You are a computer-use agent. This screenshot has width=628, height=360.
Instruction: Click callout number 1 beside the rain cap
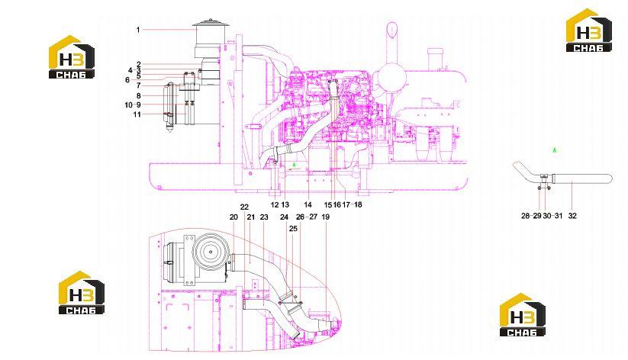coord(138,30)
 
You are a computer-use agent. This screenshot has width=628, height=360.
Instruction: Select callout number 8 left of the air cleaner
coord(139,95)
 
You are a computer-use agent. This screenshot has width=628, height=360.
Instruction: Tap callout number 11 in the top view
coord(137,114)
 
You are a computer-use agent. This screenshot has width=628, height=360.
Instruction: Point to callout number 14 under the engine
coord(308,204)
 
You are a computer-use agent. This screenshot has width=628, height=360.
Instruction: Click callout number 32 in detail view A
coord(573,215)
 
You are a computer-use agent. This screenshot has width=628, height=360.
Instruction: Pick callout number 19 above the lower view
coord(326,217)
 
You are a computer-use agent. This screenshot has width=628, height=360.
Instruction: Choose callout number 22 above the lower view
coord(244,207)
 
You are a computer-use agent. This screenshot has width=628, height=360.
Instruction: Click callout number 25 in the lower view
coord(294,228)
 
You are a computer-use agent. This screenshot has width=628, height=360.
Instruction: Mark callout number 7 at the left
coord(139,85)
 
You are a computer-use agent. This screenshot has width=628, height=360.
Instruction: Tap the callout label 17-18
coord(352,204)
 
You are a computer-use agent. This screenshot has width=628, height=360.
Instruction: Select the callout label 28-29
coord(531,215)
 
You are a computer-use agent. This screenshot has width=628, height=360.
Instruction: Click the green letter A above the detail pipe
coord(555,150)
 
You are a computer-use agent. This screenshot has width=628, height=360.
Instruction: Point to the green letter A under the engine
coord(294,165)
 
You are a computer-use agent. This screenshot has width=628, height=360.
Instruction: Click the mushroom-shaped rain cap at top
coord(211,23)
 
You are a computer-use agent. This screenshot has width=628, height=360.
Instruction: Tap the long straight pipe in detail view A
coord(581,178)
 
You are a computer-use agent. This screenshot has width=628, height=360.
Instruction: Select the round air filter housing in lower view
coord(210,252)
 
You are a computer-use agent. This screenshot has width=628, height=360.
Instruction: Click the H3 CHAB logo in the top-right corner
coord(589,31)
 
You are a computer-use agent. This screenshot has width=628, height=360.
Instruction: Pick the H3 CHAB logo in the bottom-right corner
coord(522,315)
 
